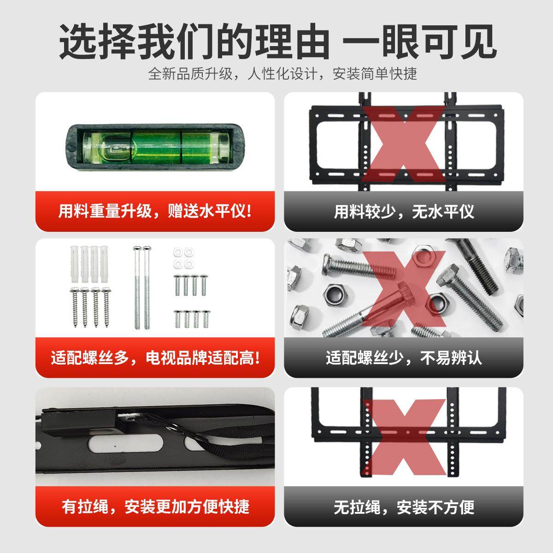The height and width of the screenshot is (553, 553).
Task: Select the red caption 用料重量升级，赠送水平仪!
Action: [x=155, y=212]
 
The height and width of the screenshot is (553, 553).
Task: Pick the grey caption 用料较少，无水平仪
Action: [x=404, y=212]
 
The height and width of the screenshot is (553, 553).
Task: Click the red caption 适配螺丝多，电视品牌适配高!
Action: [x=155, y=358]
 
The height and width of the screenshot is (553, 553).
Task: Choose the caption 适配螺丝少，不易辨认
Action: [x=404, y=358]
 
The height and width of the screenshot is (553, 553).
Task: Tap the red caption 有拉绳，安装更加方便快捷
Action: [x=155, y=507]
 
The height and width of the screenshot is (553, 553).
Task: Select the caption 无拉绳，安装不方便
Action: [x=404, y=507]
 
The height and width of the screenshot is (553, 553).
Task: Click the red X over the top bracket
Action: [x=404, y=143]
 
